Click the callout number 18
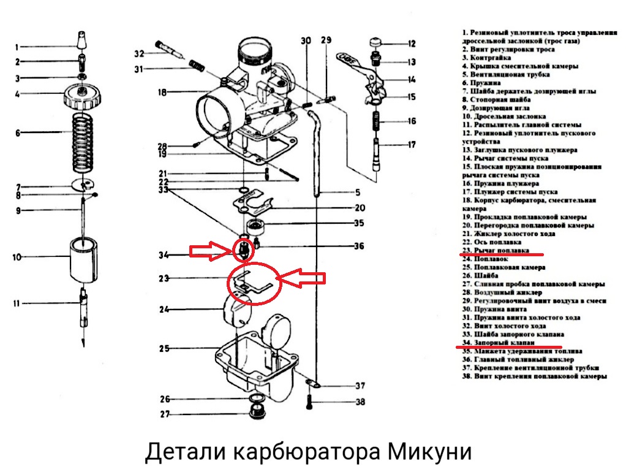[x=162, y=93]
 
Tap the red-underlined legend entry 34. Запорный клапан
[x=499, y=343]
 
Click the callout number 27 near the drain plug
[x=164, y=414]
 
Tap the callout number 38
[x=360, y=402]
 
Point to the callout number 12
[x=412, y=44]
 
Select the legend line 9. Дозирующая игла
[x=495, y=107]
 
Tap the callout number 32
[x=139, y=53]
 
